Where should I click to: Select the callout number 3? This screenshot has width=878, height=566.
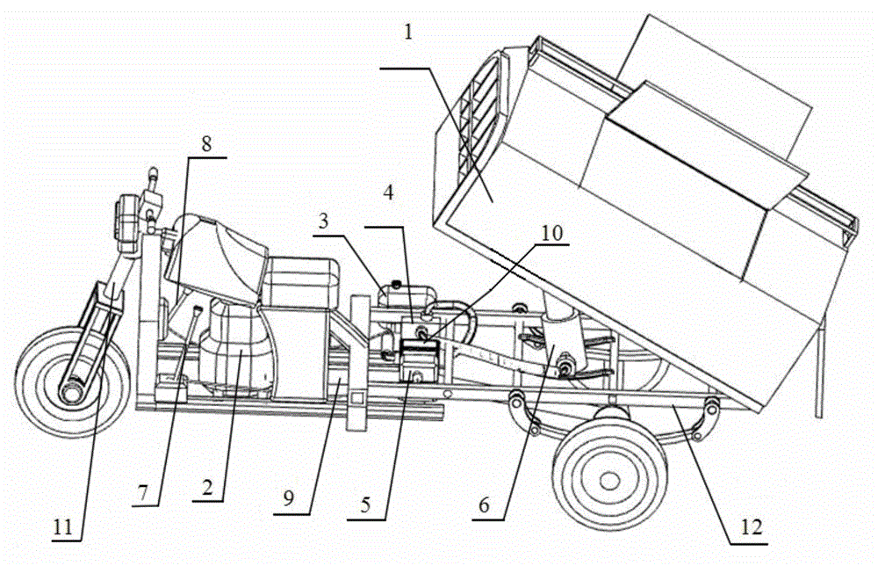[x=326, y=224]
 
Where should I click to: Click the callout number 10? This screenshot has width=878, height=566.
[x=551, y=234]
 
